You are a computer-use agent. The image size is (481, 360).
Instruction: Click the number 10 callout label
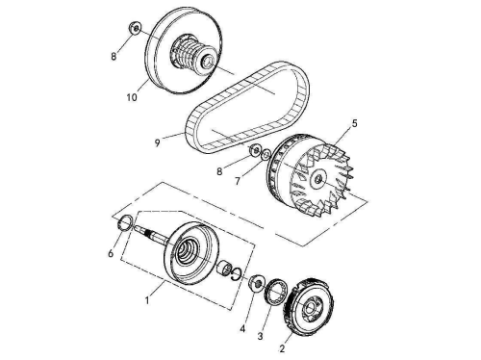pos(132,97)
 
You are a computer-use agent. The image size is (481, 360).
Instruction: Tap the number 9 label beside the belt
pos(157,143)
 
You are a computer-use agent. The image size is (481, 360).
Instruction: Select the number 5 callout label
pos(354,123)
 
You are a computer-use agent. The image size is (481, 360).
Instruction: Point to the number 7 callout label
pos(238,182)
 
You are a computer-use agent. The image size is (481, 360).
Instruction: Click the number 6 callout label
pos(111,254)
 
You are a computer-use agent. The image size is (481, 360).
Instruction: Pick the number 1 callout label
pos(147,300)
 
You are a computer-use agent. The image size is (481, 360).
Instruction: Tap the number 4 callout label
pos(242,329)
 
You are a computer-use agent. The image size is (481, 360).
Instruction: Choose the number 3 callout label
pos(260,336)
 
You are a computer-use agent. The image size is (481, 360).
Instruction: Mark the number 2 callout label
pos(282,348)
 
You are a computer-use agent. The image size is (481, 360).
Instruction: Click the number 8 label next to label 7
pos(219,171)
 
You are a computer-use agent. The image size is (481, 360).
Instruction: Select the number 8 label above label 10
pos(114,57)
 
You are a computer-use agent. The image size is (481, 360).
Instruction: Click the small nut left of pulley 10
pos(135,28)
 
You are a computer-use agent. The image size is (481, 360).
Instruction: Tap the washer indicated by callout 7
pos(266,155)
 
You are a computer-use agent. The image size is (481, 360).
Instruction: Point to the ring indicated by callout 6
pos(125,222)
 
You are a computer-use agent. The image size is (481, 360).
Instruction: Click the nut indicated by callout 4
pos(257,283)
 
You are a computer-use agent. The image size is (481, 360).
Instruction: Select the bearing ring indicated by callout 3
pos(275,293)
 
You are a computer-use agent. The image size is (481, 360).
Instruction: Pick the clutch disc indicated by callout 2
pos(308,306)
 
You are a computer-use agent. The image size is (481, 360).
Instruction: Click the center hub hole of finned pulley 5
pos(317,178)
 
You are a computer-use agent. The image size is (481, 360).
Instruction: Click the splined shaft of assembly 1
pos(150,234)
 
